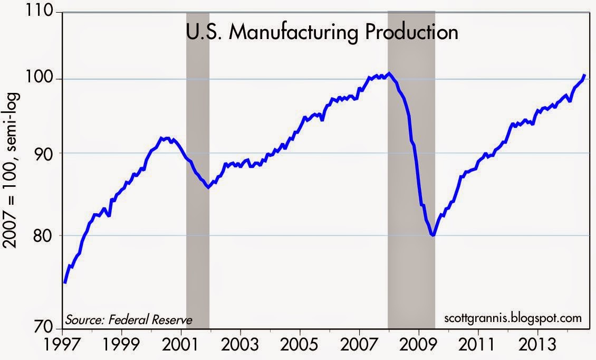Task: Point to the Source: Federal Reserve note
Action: [128, 319]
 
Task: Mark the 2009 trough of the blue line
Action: [432, 235]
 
